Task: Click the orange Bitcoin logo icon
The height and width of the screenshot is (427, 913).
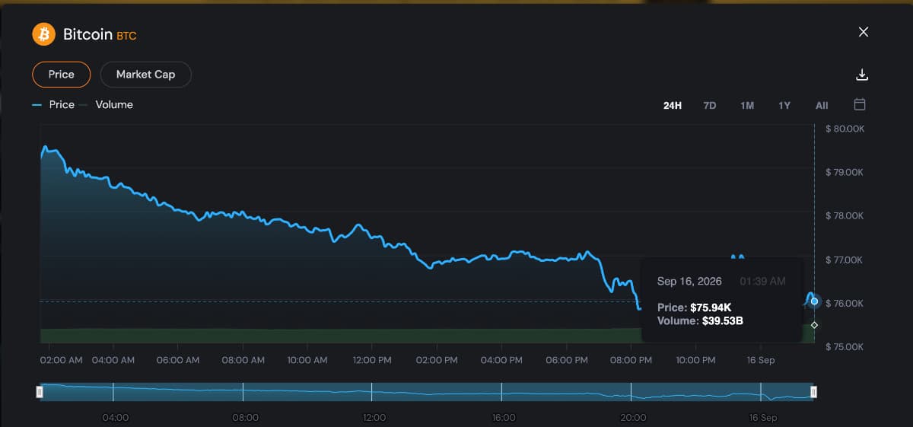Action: pyautogui.click(x=43, y=34)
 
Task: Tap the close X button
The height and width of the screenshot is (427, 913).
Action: pyautogui.click(x=864, y=32)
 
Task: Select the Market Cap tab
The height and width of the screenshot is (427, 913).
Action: pyautogui.click(x=145, y=75)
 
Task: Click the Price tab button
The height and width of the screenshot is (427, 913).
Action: pyautogui.click(x=61, y=75)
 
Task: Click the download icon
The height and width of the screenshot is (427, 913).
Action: pyautogui.click(x=862, y=75)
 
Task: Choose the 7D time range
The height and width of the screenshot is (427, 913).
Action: pyautogui.click(x=710, y=106)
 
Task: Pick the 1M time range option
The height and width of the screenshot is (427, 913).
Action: pyautogui.click(x=747, y=106)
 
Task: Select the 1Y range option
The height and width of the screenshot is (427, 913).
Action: pyautogui.click(x=784, y=106)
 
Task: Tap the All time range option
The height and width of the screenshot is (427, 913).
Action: pyautogui.click(x=822, y=106)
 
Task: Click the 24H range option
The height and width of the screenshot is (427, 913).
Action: pyautogui.click(x=673, y=106)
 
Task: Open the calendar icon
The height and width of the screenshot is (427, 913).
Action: pyautogui.click(x=860, y=104)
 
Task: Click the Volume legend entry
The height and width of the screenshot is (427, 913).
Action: pyautogui.click(x=113, y=105)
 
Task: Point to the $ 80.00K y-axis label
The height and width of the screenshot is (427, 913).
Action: pyautogui.click(x=845, y=129)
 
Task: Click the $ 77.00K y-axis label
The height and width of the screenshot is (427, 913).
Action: pyautogui.click(x=844, y=260)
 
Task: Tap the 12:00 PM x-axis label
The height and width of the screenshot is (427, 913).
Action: pyautogui.click(x=372, y=360)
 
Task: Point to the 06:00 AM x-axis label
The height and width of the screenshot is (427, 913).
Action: pyautogui.click(x=178, y=360)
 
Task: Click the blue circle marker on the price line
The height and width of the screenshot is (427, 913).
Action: pyautogui.click(x=814, y=301)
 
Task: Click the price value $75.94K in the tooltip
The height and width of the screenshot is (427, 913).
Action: pyautogui.click(x=711, y=308)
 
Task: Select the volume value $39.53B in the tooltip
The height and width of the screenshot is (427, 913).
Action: pyautogui.click(x=722, y=321)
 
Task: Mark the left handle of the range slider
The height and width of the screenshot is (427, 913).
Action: pyautogui.click(x=40, y=392)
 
